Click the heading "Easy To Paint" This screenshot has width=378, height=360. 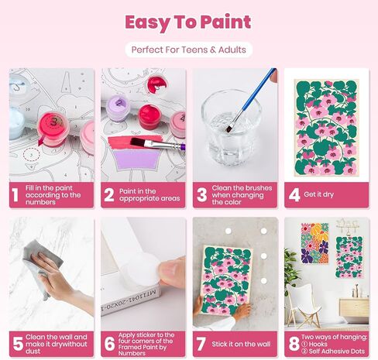(x=188, y=22)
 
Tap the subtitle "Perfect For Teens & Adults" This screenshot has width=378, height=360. (x=189, y=50)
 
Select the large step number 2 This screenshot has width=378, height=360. (x=109, y=195)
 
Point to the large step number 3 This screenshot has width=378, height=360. (x=201, y=195)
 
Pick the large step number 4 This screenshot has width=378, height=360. (x=293, y=195)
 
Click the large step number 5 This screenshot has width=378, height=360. (x=18, y=342)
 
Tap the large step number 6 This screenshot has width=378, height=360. (x=109, y=342)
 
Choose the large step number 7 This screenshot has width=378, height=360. (x=201, y=342)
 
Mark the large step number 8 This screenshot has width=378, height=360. (x=293, y=342)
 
